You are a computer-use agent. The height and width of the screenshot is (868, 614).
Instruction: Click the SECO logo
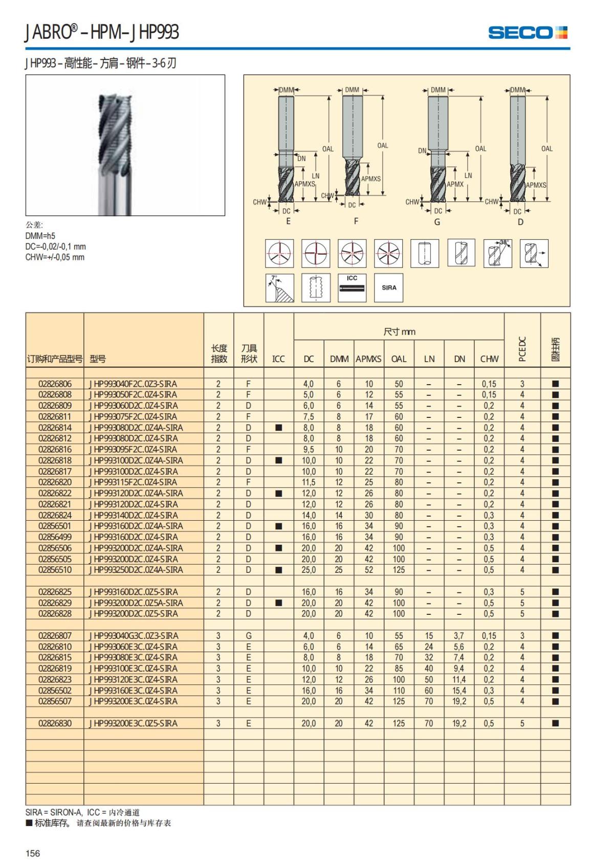(528, 33)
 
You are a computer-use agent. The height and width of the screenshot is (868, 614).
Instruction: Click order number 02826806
(55, 384)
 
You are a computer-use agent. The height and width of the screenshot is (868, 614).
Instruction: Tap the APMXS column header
(368, 359)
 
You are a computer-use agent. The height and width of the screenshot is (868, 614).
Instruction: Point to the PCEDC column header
(522, 349)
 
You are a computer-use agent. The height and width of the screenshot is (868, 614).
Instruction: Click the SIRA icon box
(389, 287)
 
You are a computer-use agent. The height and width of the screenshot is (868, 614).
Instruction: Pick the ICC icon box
(352, 287)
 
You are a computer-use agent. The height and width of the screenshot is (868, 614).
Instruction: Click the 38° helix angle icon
(497, 253)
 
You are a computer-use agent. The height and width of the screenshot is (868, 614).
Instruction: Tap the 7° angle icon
(279, 287)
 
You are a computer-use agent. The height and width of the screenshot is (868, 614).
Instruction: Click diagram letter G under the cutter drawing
(437, 222)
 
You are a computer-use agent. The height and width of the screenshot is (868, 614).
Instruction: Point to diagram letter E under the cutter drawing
(288, 221)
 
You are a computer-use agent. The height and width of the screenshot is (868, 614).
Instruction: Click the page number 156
(33, 853)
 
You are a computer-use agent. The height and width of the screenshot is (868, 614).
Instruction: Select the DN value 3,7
(459, 636)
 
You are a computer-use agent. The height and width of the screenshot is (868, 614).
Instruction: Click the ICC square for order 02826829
(278, 603)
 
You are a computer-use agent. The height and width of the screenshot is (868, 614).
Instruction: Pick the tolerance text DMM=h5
(40, 236)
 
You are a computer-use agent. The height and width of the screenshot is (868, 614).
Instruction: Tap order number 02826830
(55, 723)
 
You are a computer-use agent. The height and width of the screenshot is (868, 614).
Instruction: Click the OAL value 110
(399, 691)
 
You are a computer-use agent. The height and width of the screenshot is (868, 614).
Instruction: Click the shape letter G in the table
(249, 636)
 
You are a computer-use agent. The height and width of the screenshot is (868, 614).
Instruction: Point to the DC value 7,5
(308, 417)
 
